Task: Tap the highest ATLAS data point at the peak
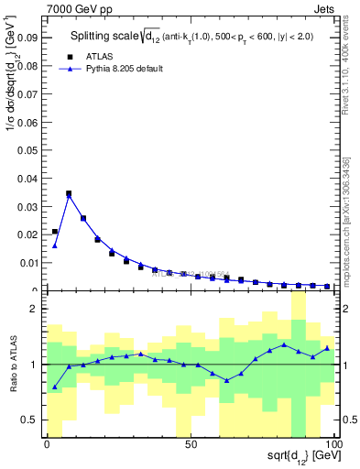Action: pos(69,193)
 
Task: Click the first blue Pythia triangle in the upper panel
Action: pos(55,245)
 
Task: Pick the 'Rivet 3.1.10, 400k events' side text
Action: pos(352,73)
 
